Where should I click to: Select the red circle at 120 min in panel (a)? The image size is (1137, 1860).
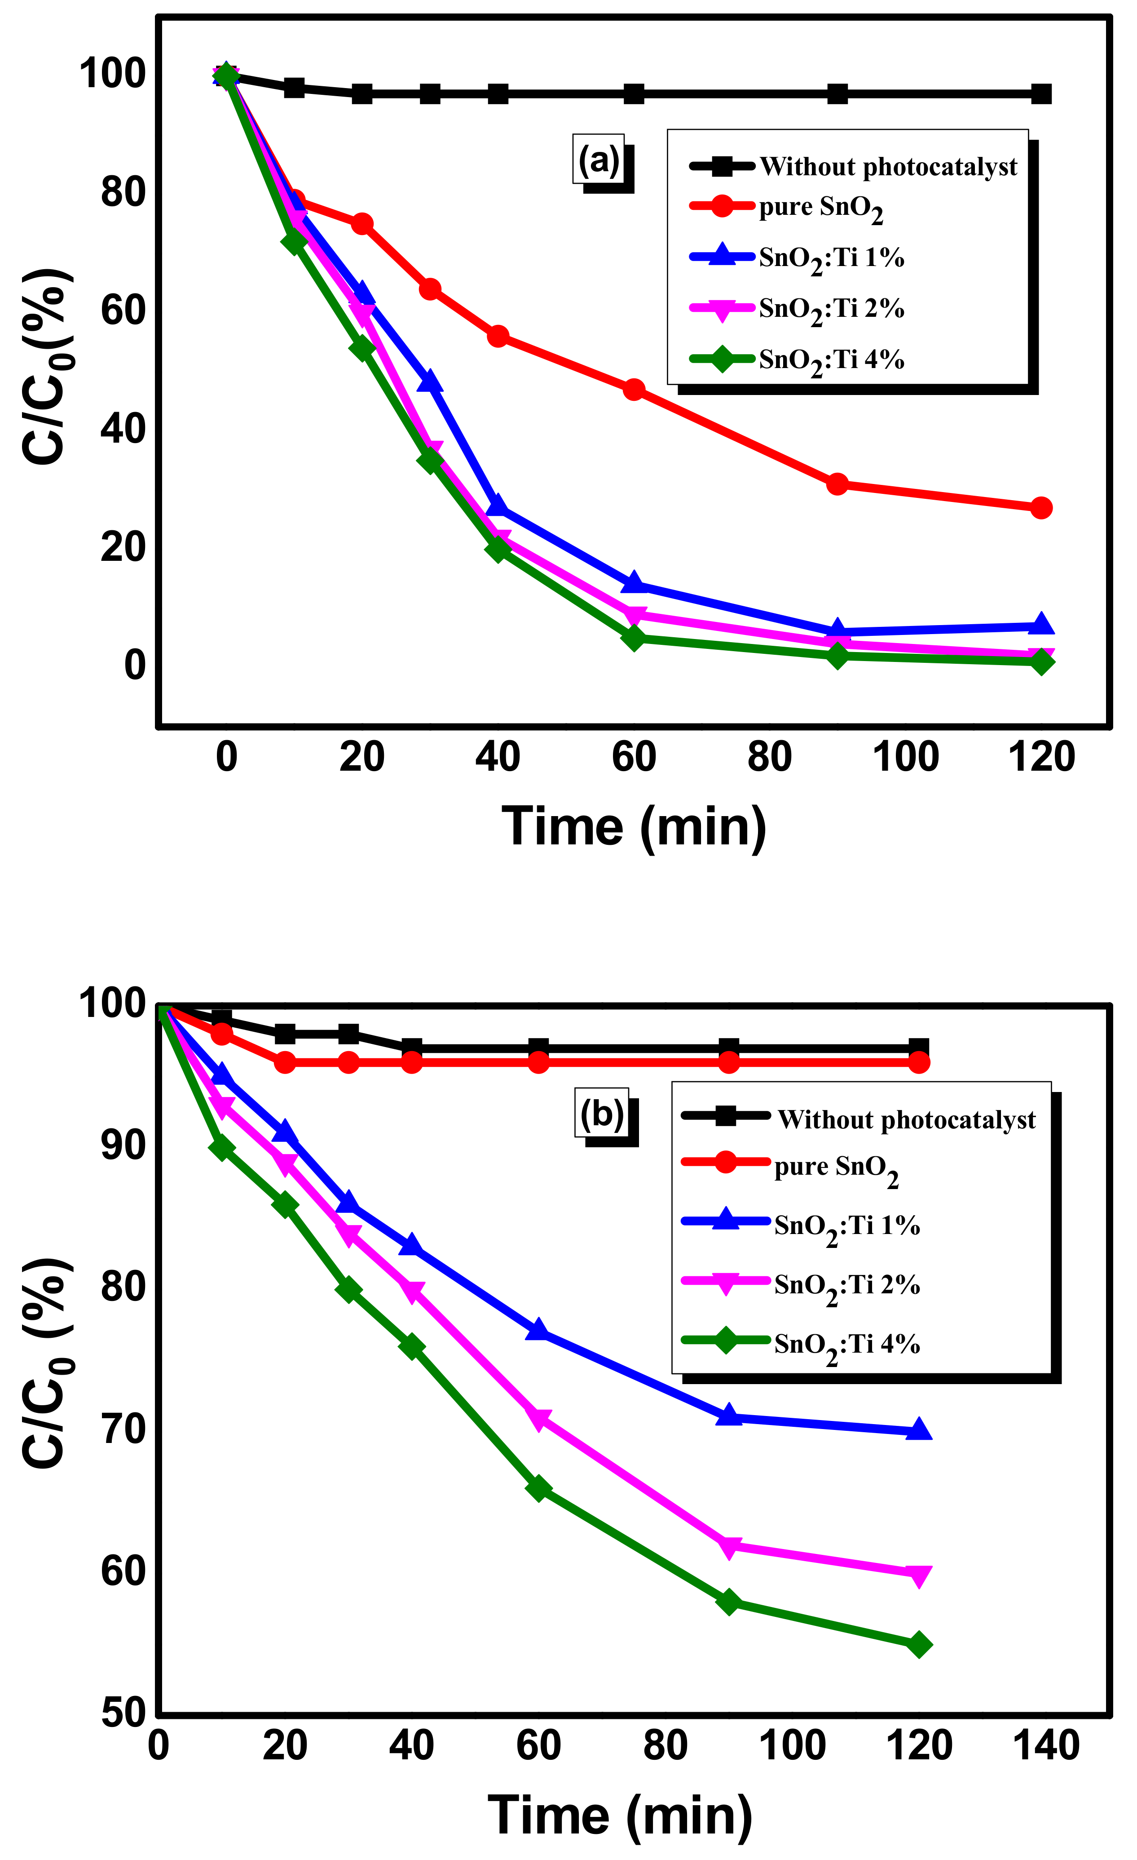click(x=1040, y=508)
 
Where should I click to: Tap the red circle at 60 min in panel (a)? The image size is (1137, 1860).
click(x=634, y=390)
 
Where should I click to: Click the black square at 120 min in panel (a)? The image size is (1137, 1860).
click(x=1040, y=94)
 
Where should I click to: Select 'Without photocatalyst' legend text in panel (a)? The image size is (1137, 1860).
click(x=888, y=167)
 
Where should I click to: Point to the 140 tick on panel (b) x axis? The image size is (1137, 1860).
click(x=1046, y=1746)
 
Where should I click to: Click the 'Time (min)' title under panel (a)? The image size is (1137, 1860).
click(x=634, y=826)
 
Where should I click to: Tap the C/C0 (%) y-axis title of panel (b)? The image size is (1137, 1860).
click(x=47, y=1363)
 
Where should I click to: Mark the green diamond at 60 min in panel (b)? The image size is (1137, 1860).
click(x=538, y=1488)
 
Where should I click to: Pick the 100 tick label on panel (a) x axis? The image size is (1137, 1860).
click(x=905, y=757)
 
